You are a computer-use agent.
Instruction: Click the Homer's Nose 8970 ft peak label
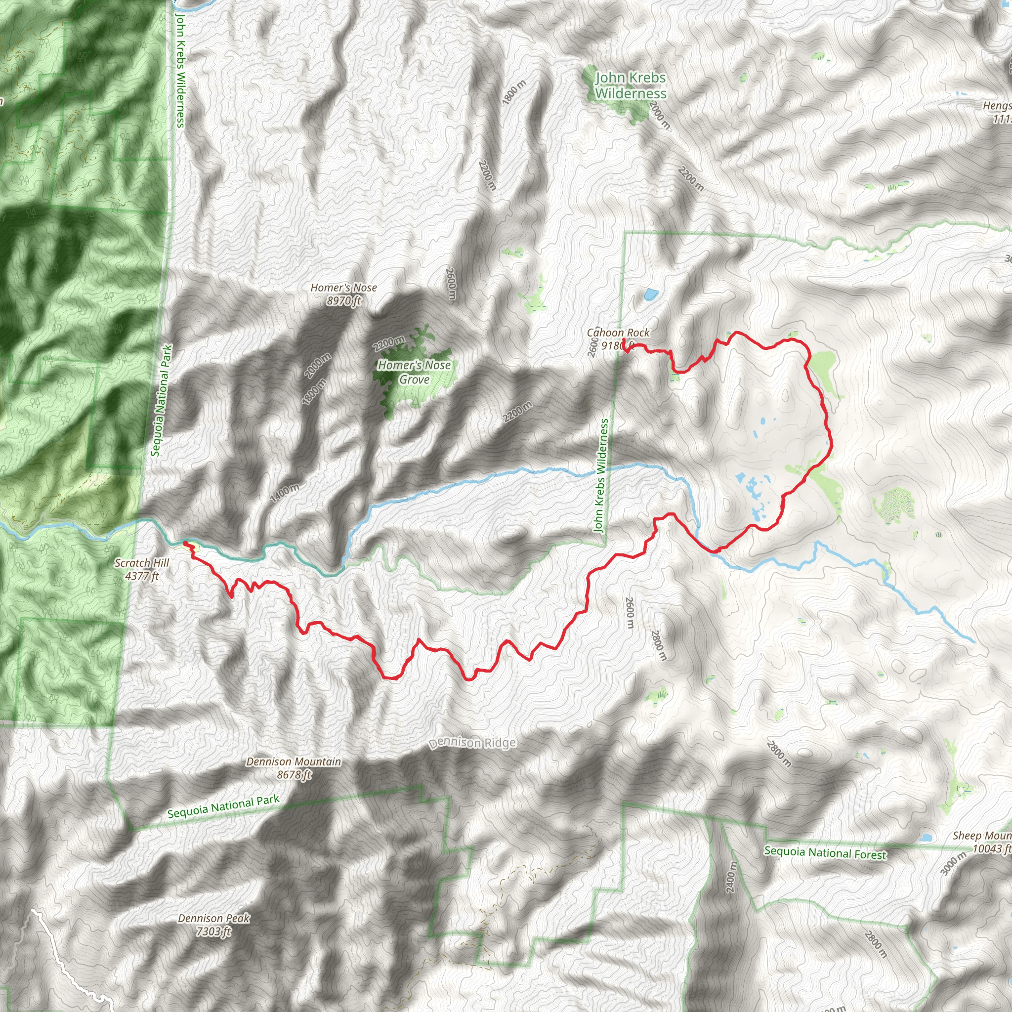coord(343,294)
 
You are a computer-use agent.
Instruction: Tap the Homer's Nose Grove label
coord(414,372)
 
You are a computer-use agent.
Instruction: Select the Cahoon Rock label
coord(618,333)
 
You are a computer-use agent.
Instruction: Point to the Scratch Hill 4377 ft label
coord(142,569)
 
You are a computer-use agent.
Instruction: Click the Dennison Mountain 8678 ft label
coord(294,768)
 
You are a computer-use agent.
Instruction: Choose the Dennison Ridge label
coord(472,743)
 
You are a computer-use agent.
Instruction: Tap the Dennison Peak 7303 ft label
coord(213,925)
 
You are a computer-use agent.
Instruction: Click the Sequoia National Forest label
coord(825,852)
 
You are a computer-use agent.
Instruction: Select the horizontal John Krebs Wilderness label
coord(631,85)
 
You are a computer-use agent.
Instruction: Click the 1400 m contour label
coord(285,493)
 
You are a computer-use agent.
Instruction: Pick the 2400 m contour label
coord(732,877)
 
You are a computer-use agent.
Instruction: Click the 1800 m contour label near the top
coord(513,92)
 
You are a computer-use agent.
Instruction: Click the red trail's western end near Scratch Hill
coord(185,543)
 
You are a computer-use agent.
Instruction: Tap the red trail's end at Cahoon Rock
coord(624,341)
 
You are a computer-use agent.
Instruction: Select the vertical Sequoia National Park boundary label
coord(161,400)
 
